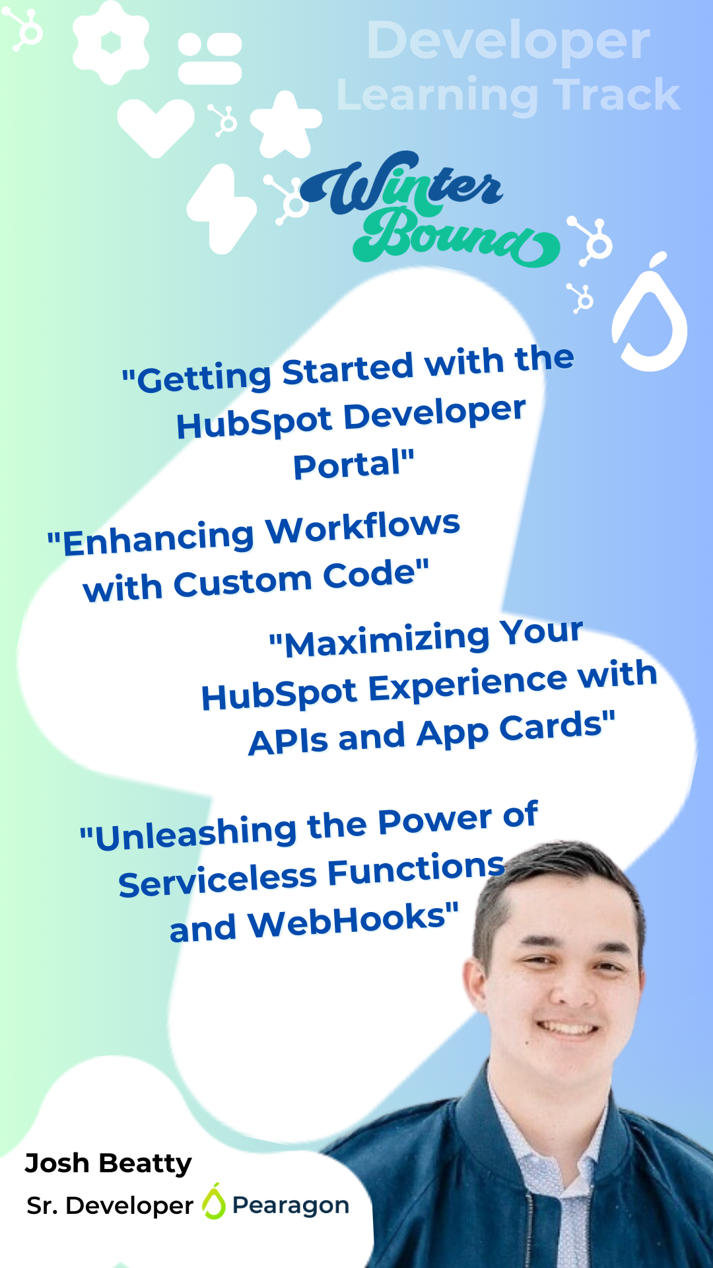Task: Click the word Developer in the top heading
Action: tap(508, 41)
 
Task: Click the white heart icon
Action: tap(156, 127)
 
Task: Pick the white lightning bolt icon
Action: tap(221, 209)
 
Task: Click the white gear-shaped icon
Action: tap(110, 42)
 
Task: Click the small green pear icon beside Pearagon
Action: tap(213, 1201)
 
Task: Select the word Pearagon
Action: tap(290, 1205)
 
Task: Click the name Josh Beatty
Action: tap(108, 1164)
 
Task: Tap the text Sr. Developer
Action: tap(110, 1206)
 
